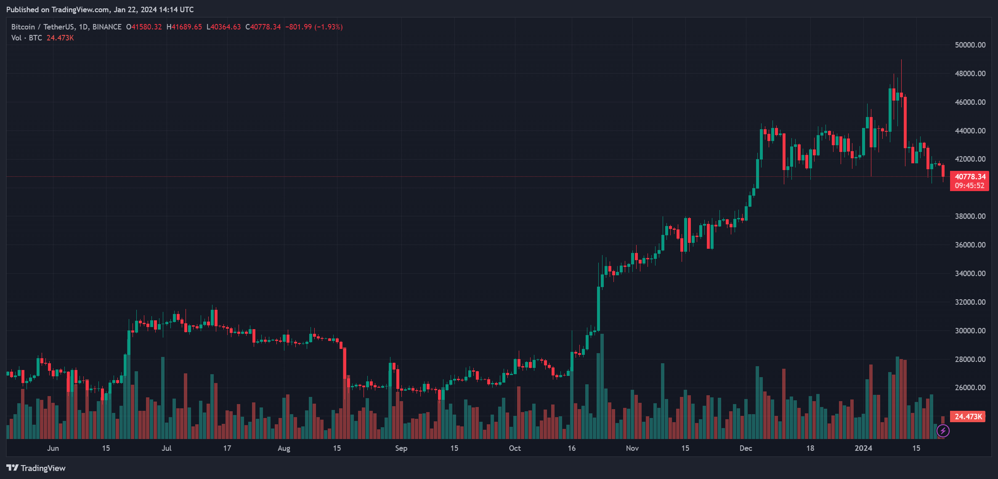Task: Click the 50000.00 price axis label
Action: point(970,45)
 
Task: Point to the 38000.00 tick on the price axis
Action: point(970,216)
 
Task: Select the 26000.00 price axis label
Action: point(970,388)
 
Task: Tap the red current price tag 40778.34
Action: point(970,177)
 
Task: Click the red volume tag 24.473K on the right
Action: point(968,417)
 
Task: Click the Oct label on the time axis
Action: point(515,448)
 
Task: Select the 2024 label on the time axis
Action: point(863,448)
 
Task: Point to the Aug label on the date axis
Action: point(284,448)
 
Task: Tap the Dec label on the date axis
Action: point(746,448)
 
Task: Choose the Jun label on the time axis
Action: point(53,448)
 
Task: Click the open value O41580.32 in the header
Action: point(144,27)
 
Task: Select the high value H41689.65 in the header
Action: point(184,27)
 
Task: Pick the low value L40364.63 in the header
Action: point(224,27)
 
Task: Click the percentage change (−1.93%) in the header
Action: point(329,27)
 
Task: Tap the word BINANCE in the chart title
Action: point(107,27)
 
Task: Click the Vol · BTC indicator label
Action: point(27,38)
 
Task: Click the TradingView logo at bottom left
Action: point(36,468)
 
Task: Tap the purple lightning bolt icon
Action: point(943,431)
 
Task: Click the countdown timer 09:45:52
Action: point(969,186)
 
